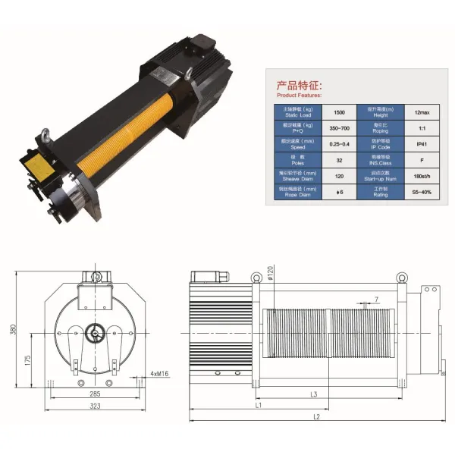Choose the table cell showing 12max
(420, 110)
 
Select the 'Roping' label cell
(380, 127)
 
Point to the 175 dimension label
(27, 358)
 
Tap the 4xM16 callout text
(160, 374)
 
